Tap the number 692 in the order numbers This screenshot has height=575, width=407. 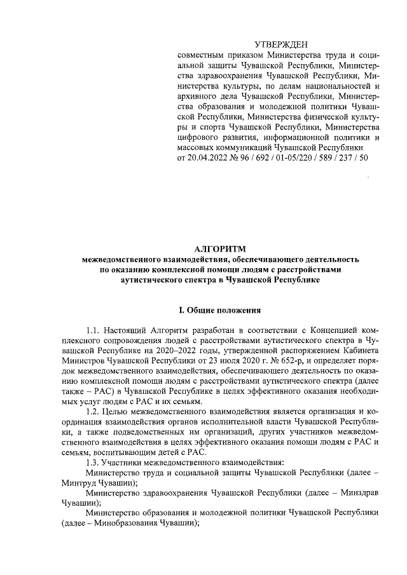point(266,156)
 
